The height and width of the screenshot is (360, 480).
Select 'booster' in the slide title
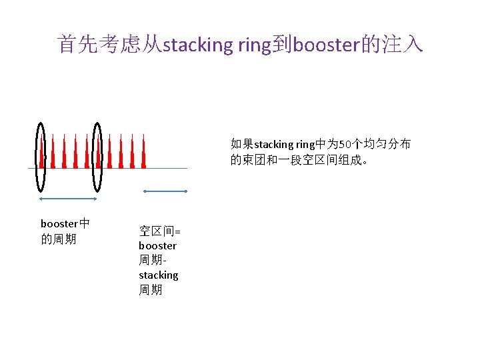[325, 45]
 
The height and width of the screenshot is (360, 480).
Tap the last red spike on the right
[143, 155]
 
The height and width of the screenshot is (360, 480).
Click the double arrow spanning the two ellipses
[69, 199]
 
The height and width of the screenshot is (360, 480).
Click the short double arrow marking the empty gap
[166, 191]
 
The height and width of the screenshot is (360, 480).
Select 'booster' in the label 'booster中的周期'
[59, 224]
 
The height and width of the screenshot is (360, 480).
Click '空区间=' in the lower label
[159, 231]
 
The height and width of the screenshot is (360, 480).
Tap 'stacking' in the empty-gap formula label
[159, 275]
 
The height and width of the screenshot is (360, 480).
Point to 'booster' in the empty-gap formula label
[157, 245]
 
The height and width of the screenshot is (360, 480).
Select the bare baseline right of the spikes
[167, 169]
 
